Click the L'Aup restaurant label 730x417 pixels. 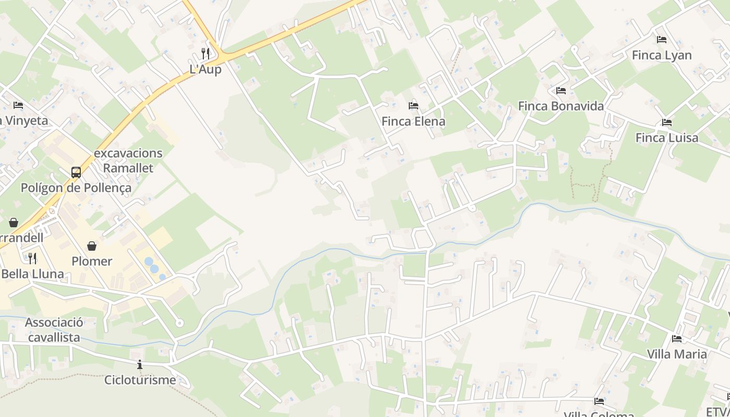tap(205, 69)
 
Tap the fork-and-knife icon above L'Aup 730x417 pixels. tap(205, 53)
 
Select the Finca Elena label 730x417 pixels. tap(413, 121)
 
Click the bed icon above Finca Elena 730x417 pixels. tap(413, 105)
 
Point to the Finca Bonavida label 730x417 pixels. tap(561, 106)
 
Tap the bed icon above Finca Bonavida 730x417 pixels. tap(561, 90)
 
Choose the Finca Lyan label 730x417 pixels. tap(662, 55)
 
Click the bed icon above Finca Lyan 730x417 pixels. tap(662, 39)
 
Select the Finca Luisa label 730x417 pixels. tap(667, 138)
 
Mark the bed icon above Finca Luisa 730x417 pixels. tap(666, 122)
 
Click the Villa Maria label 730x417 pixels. tap(677, 354)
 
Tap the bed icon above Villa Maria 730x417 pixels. tap(677, 339)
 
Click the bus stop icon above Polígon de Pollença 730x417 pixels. tap(76, 172)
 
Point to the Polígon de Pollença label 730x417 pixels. tap(76, 188)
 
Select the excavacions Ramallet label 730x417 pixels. tap(128, 161)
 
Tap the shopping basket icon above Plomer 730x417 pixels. tap(92, 246)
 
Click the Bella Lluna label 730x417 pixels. tap(32, 274)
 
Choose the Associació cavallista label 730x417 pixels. tap(54, 330)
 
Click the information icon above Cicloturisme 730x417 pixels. tap(140, 364)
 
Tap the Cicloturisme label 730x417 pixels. tap(140, 379)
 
